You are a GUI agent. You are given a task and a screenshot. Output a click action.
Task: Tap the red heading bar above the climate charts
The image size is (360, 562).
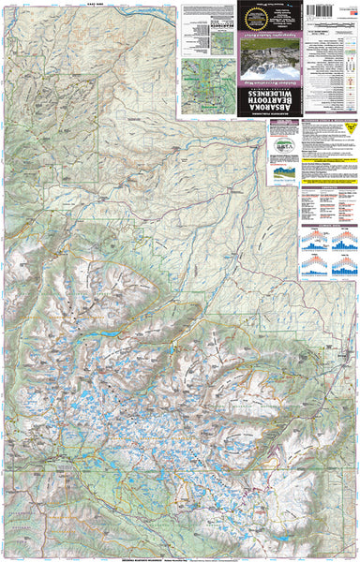(324, 226)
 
